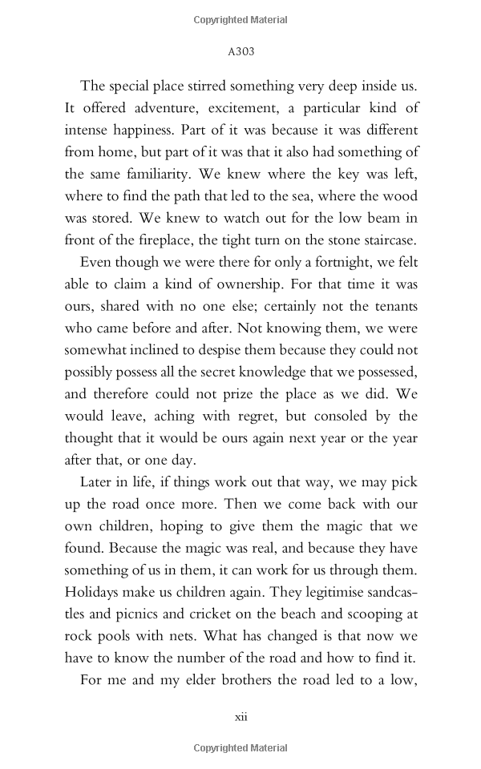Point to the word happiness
click(x=144, y=130)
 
